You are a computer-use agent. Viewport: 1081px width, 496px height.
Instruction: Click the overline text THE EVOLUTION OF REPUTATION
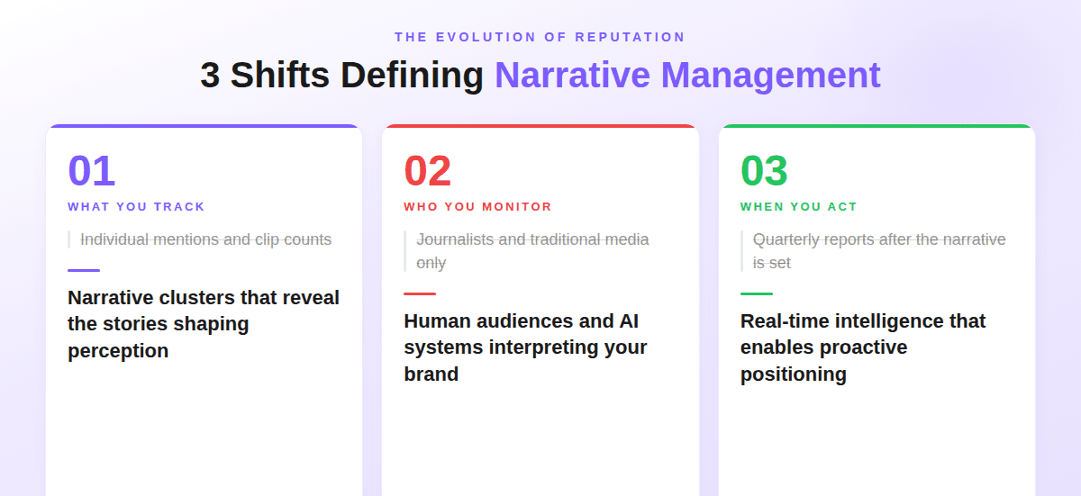click(540, 37)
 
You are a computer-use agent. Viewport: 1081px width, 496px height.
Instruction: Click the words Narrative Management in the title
click(687, 76)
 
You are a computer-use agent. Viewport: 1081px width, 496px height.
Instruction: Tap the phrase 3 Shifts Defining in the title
click(341, 76)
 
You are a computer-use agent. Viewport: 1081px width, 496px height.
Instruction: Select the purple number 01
click(91, 171)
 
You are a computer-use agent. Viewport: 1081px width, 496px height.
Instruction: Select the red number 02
click(427, 171)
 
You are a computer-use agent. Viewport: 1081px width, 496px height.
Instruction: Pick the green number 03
click(764, 171)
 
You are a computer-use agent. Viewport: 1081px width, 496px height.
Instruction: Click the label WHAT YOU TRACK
click(136, 207)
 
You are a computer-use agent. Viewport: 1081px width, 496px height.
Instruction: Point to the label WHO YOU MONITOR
click(477, 207)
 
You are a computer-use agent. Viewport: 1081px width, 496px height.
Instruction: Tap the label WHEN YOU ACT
click(798, 207)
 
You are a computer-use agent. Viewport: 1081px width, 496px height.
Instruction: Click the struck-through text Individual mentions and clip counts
click(205, 239)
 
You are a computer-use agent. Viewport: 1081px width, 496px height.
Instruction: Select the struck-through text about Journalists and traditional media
click(532, 250)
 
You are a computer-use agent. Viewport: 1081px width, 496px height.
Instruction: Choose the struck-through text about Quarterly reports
click(878, 250)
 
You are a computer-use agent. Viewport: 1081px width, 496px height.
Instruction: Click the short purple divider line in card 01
click(84, 270)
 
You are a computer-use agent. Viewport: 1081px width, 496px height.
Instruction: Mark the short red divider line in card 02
click(420, 293)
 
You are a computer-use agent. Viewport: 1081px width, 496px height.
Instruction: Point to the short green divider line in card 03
click(757, 293)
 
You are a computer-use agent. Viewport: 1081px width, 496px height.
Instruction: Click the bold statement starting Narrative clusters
click(203, 323)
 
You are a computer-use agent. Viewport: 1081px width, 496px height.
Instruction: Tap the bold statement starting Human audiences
click(524, 347)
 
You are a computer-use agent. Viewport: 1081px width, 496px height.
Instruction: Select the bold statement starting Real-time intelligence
click(862, 347)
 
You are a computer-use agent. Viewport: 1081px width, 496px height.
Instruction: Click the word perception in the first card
click(118, 351)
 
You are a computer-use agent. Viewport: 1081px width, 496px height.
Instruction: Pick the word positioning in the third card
click(793, 374)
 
